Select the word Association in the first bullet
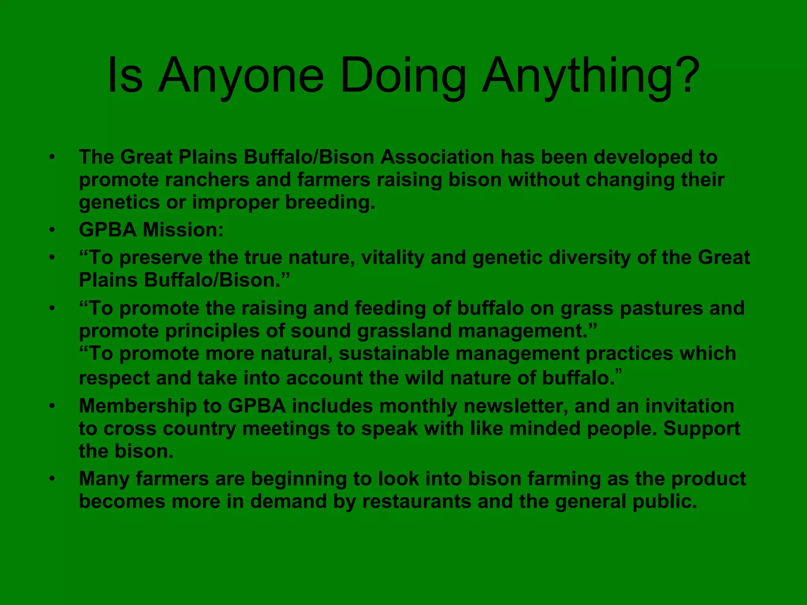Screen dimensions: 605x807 [x=437, y=157]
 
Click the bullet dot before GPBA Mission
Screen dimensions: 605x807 [x=52, y=230]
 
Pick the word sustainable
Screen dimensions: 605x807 [x=394, y=353]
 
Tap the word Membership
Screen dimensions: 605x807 [x=138, y=406]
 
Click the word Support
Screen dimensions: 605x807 [x=702, y=429]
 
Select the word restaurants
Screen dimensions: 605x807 [x=417, y=501]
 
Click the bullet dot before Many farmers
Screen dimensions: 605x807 [x=52, y=479]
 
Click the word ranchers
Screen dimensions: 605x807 [x=207, y=180]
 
